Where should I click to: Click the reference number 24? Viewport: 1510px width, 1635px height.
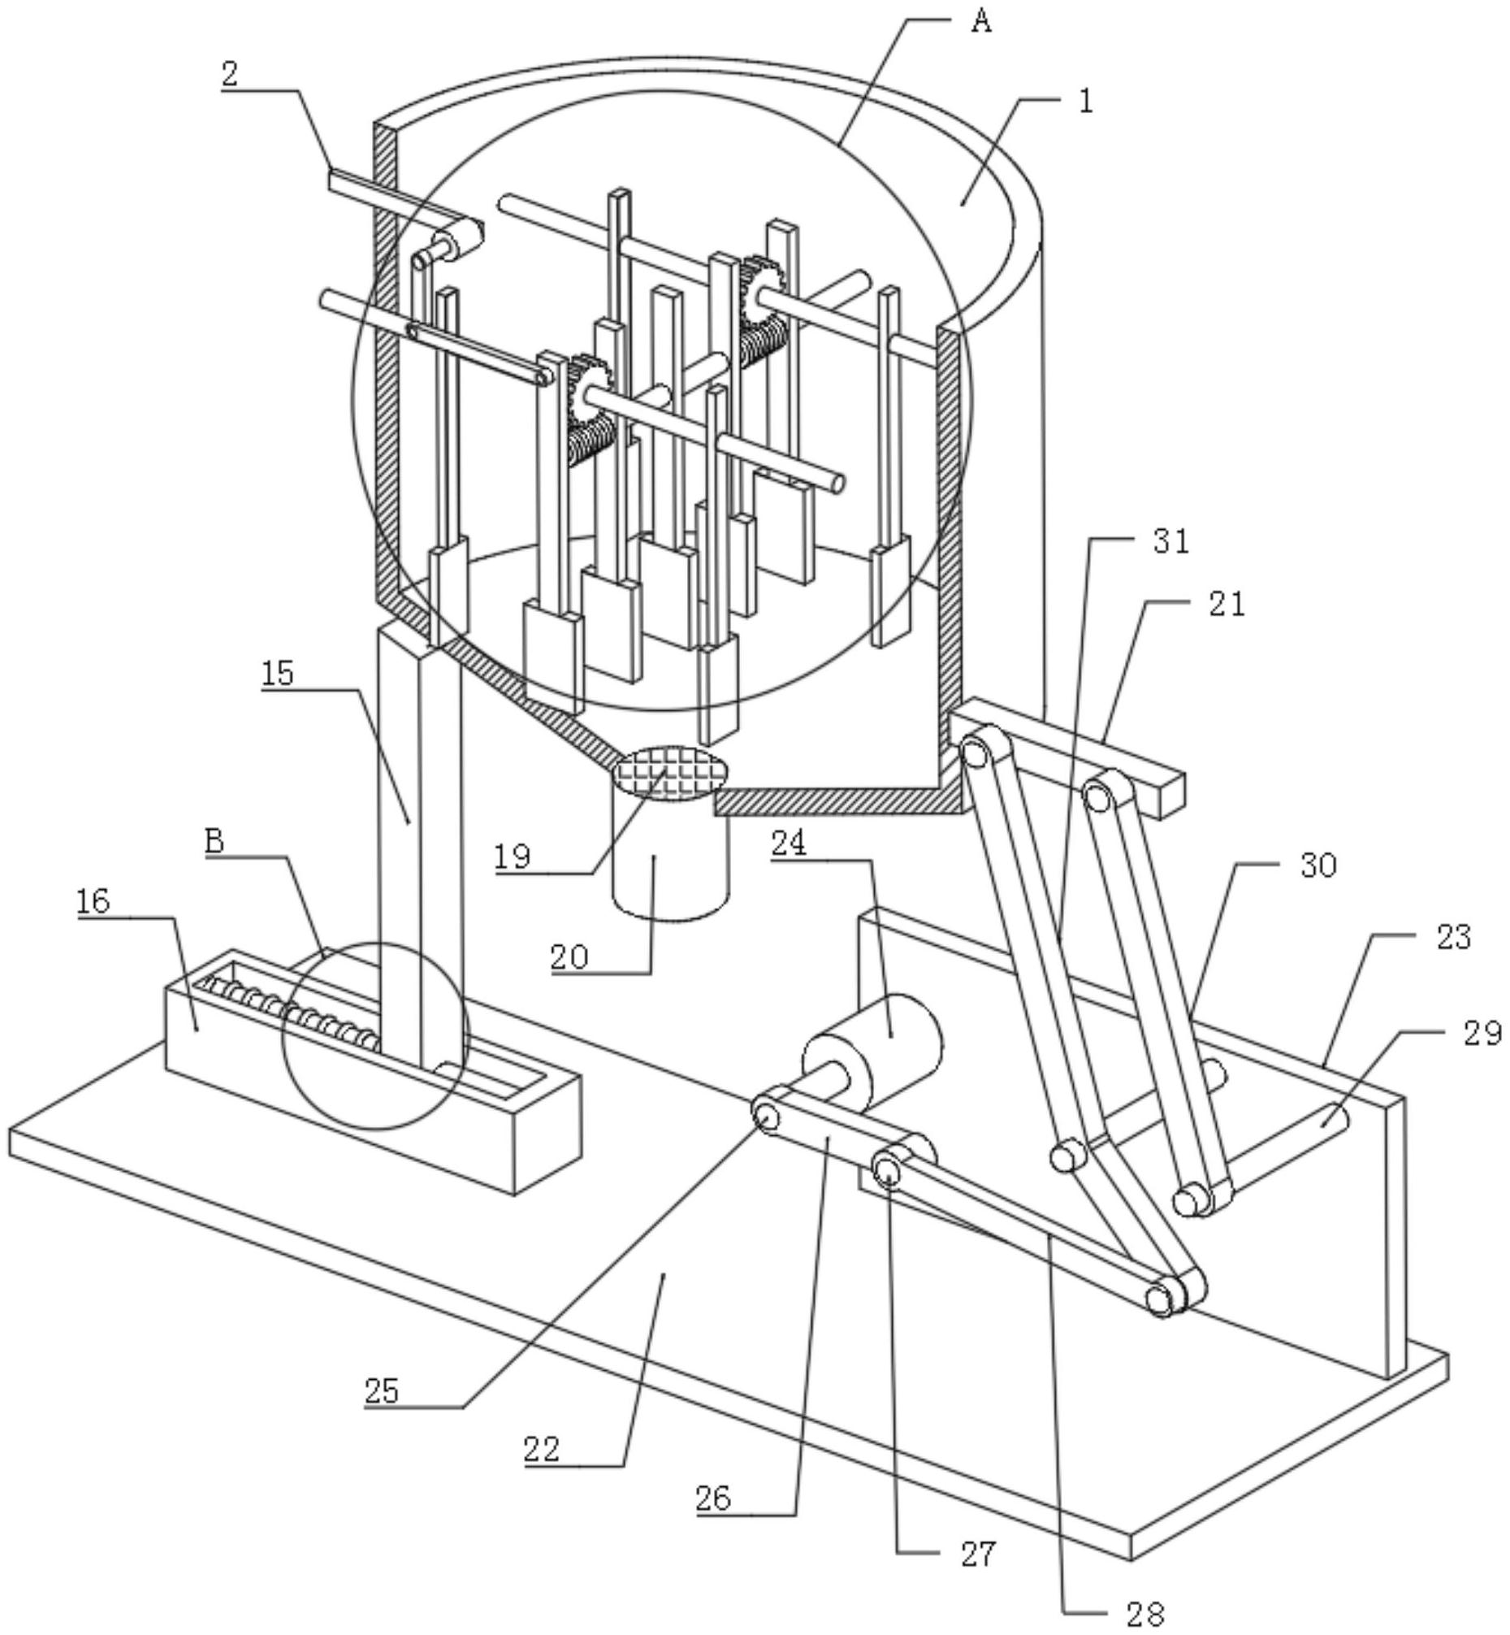pos(789,843)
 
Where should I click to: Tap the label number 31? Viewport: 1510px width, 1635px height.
pos(1171,541)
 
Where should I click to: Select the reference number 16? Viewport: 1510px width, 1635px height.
pos(93,902)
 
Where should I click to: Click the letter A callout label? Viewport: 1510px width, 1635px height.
pos(981,22)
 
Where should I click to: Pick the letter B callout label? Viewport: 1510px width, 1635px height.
pos(214,840)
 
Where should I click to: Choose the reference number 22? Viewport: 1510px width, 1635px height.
pos(542,1450)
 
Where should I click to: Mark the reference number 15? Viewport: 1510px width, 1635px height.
pos(278,673)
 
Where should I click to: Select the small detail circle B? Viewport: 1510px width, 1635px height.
pos(374,1036)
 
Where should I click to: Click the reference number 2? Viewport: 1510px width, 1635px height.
pos(230,75)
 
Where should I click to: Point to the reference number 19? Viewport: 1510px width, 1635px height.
pos(513,857)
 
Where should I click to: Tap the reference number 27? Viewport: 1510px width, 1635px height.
pos(978,1554)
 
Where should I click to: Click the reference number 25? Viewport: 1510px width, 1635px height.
pos(382,1390)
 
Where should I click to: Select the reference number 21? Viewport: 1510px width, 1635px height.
pos(1227,604)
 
